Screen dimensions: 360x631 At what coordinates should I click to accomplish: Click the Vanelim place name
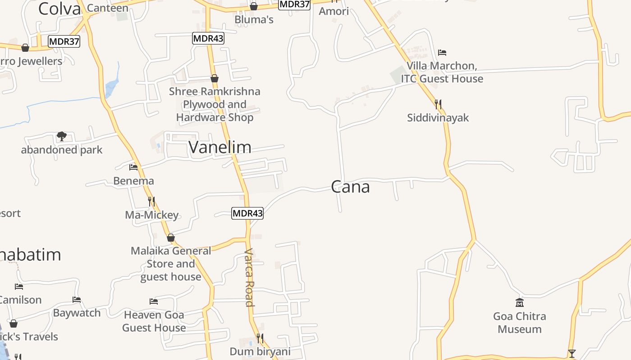pyautogui.click(x=220, y=147)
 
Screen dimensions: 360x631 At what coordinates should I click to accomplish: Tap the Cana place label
pyautogui.click(x=350, y=187)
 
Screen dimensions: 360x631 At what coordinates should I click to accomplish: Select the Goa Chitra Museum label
pyautogui.click(x=520, y=323)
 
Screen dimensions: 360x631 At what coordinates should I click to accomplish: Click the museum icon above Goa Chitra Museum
pyautogui.click(x=520, y=303)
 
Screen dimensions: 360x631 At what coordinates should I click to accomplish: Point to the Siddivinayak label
pyautogui.click(x=438, y=118)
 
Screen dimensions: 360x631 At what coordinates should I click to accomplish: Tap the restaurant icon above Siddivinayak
pyautogui.click(x=438, y=105)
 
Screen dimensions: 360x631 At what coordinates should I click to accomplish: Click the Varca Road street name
pyautogui.click(x=249, y=277)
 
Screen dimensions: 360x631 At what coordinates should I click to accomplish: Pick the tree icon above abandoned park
pyautogui.click(x=62, y=136)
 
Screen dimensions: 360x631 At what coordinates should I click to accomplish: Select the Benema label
pyautogui.click(x=133, y=181)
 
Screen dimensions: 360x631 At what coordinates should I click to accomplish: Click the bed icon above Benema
pyautogui.click(x=133, y=167)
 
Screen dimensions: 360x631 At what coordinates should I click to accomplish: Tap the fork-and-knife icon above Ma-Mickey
pyautogui.click(x=151, y=201)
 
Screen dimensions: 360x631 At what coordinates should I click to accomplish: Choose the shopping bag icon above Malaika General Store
pyautogui.click(x=170, y=238)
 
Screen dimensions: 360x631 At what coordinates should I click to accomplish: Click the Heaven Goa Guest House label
pyautogui.click(x=154, y=321)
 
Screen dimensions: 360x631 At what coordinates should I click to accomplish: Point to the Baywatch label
pyautogui.click(x=77, y=313)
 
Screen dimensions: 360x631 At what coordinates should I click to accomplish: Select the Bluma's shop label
pyautogui.click(x=254, y=20)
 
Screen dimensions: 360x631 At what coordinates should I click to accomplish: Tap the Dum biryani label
pyautogui.click(x=260, y=351)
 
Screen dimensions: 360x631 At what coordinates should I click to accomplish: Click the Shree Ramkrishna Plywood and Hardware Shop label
pyautogui.click(x=215, y=104)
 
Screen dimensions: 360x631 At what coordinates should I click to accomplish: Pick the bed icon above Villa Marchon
pyautogui.click(x=442, y=53)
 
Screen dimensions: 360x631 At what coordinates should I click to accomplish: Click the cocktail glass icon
pyautogui.click(x=572, y=354)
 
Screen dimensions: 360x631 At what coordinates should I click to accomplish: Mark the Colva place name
pyautogui.click(x=59, y=9)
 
